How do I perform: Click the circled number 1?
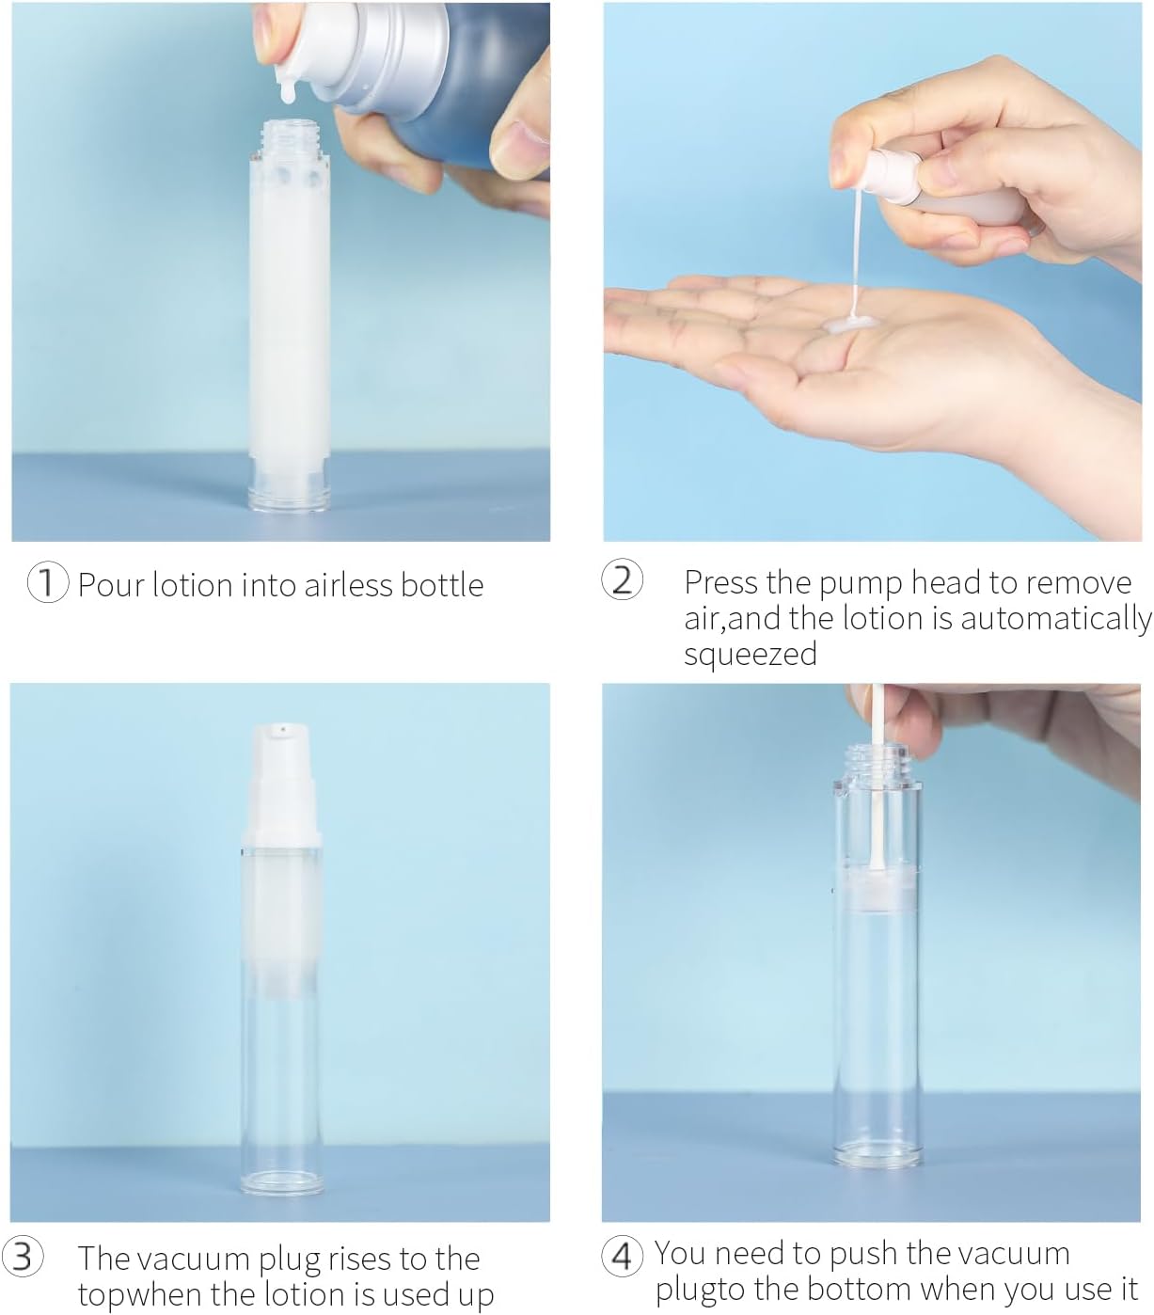coord(47,583)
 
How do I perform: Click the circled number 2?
coord(622,580)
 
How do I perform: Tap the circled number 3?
coord(24,1257)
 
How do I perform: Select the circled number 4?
coord(622,1255)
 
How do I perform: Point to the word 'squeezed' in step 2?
coord(750,654)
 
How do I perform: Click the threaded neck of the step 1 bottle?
coord(289,137)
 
